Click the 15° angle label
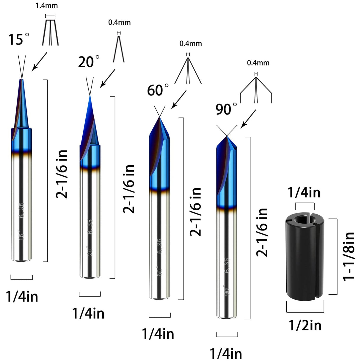(18, 40)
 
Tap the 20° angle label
(89, 62)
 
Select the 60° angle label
(158, 90)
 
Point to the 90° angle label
(226, 109)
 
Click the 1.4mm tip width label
(47, 6)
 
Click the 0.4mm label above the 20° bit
(119, 23)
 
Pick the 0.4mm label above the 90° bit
(258, 63)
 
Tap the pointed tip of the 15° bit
(21, 79)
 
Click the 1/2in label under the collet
(305, 325)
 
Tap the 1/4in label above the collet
(304, 193)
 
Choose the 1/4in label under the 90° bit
(226, 354)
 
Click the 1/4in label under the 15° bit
(22, 297)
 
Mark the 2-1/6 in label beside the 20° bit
(129, 189)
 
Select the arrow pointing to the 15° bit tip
(39, 62)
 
